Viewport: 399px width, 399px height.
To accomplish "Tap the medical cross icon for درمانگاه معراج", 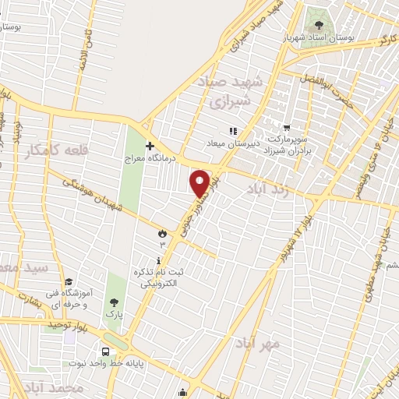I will (x=150, y=145).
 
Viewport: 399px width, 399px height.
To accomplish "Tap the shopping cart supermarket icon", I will (x=287, y=128).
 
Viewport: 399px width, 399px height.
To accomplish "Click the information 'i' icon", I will (x=160, y=260).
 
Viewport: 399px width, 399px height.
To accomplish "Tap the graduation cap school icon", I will (x=69, y=281).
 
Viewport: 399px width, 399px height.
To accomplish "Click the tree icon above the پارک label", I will (x=115, y=302).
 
